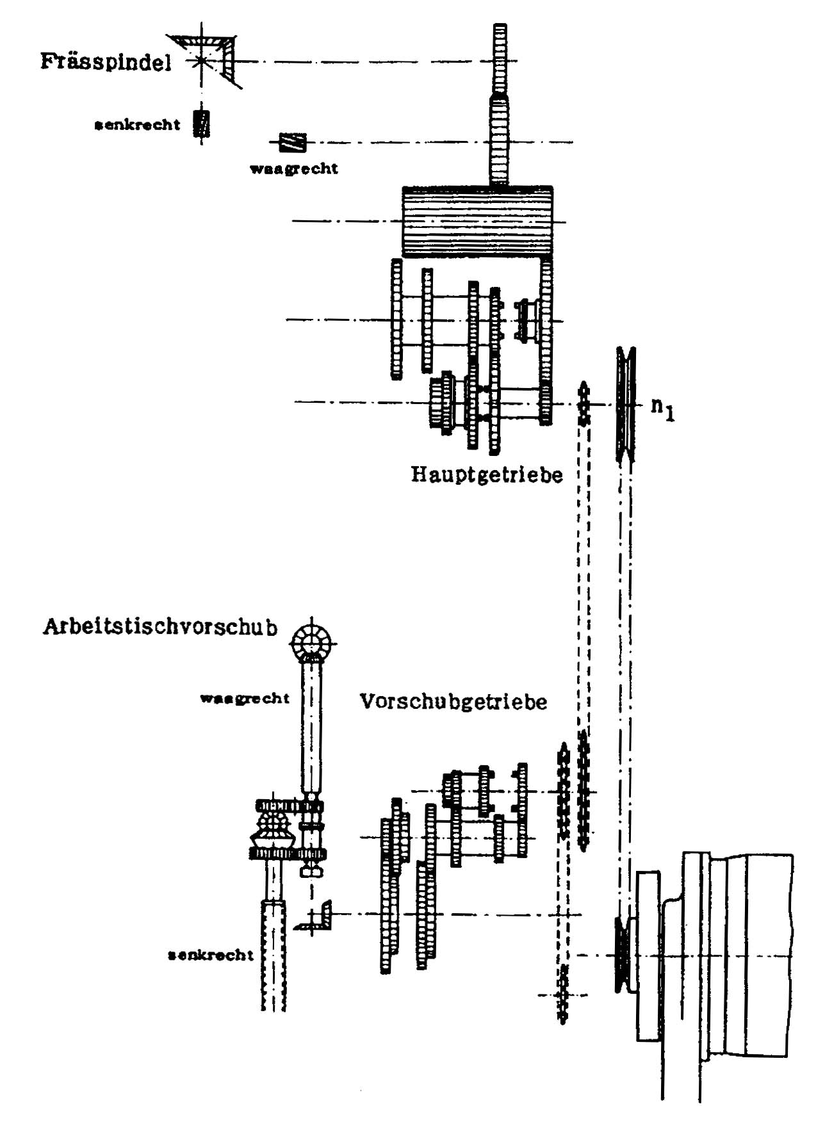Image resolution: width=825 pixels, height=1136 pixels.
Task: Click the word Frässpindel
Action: (x=106, y=63)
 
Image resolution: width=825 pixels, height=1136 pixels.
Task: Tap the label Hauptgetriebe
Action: (x=486, y=475)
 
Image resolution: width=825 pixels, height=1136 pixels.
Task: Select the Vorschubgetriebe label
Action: (x=453, y=701)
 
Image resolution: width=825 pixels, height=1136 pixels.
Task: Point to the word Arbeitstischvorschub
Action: (x=160, y=626)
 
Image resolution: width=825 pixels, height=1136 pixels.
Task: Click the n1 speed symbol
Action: (x=663, y=409)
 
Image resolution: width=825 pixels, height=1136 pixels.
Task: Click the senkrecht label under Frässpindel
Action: (x=137, y=124)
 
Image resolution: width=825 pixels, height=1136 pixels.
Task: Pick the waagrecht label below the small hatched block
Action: (x=293, y=169)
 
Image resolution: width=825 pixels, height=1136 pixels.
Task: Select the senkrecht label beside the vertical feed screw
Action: (x=211, y=955)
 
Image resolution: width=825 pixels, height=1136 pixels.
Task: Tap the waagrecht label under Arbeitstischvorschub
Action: (x=245, y=698)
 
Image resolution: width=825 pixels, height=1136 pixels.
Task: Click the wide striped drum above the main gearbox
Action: (x=477, y=222)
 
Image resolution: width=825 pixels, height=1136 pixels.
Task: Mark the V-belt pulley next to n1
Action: (x=626, y=404)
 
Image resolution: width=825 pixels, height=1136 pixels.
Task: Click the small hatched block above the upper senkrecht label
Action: (x=202, y=124)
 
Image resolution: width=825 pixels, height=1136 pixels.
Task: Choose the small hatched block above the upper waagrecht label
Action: (x=292, y=142)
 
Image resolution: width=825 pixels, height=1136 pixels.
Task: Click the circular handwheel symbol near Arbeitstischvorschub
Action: (x=311, y=643)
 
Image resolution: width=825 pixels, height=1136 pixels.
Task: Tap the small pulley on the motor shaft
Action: (x=621, y=955)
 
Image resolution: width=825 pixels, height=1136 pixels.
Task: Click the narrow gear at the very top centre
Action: (x=500, y=60)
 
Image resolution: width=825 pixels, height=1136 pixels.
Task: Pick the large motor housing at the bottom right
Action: (x=715, y=954)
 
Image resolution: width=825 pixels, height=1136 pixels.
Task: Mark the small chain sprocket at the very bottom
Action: (x=562, y=995)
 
